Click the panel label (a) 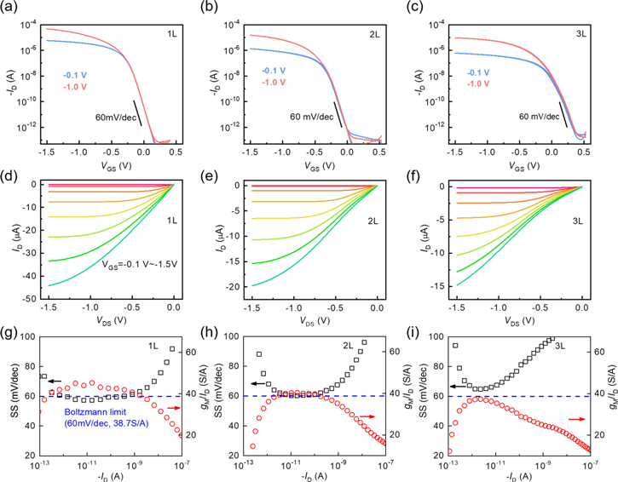(11, 8)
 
